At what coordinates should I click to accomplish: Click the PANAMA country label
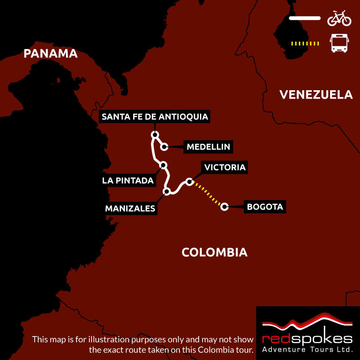(50, 53)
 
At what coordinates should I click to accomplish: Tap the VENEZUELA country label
(316, 95)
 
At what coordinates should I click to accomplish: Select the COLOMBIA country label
(214, 252)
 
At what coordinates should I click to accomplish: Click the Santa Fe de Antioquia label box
(155, 117)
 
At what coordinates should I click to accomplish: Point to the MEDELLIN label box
(208, 147)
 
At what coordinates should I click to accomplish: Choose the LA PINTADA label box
(128, 180)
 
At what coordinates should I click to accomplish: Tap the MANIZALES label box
(130, 209)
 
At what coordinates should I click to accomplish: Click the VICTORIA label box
(225, 167)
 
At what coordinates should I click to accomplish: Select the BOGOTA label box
(265, 207)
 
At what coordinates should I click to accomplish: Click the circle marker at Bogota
(224, 206)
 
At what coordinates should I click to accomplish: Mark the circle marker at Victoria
(189, 181)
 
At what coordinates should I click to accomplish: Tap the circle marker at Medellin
(164, 147)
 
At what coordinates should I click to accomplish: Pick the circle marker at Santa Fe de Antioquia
(154, 134)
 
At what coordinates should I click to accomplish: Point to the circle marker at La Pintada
(163, 165)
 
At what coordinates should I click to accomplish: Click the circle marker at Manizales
(166, 191)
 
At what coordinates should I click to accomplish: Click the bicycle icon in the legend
(339, 18)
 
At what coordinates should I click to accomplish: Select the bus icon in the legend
(339, 43)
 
